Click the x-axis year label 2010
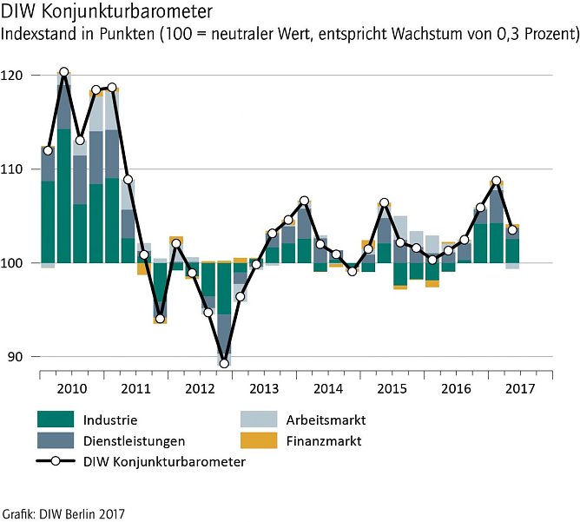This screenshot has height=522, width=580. coord(71,387)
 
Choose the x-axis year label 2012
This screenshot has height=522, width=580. coord(200,387)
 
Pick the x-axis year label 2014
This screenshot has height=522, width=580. coord(328,387)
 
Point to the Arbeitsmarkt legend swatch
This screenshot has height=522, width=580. coord(259,420)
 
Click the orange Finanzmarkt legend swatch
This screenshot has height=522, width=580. coord(259,441)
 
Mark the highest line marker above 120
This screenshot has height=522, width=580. coord(63,72)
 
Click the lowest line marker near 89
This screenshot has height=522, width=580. coord(224,363)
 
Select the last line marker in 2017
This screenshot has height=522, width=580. coord(513,229)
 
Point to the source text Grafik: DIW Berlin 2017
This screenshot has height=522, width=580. coord(63,512)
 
